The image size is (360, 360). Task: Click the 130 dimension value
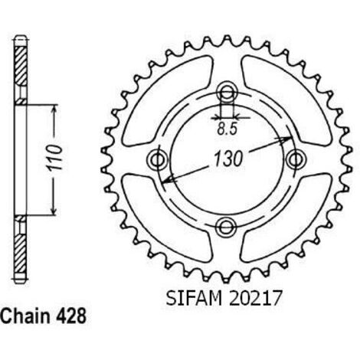click(x=227, y=159)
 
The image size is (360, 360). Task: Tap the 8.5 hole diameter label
click(x=227, y=129)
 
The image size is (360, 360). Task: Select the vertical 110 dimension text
click(x=54, y=158)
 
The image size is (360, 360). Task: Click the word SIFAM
click(x=194, y=298)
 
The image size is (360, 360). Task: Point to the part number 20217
click(x=256, y=298)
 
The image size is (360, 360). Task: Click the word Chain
click(x=25, y=316)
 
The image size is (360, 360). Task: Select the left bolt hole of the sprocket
click(x=157, y=160)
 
